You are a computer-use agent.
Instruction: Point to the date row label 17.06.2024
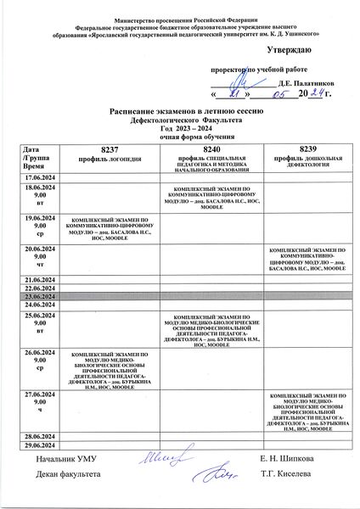click(40, 177)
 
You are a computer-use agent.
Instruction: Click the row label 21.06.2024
click(40, 278)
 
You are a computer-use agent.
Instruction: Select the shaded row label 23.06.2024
click(40, 295)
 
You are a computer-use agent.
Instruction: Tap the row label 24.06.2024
click(40, 304)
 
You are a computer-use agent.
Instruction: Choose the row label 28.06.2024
click(40, 434)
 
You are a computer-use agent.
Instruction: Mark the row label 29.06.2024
click(40, 444)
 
